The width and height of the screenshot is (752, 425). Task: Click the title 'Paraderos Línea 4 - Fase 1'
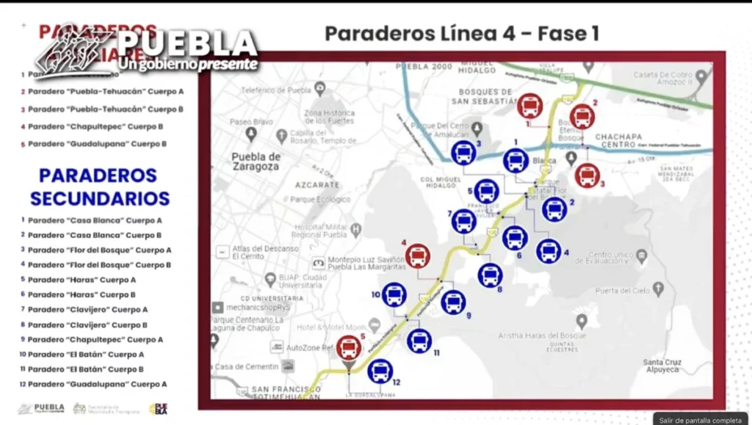(x=462, y=34)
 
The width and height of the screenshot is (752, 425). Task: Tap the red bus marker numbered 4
(x=418, y=256)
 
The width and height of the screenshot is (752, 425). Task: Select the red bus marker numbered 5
(x=349, y=347)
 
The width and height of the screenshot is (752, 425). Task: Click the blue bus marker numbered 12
(x=380, y=371)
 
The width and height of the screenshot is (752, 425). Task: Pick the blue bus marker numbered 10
(x=394, y=294)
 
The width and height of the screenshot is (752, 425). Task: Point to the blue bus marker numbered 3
(x=463, y=153)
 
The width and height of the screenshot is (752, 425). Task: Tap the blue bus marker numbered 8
(x=490, y=275)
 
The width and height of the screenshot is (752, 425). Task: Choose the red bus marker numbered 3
(x=587, y=175)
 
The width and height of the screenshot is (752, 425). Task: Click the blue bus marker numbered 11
(x=419, y=341)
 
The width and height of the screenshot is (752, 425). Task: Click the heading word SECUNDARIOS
(x=100, y=199)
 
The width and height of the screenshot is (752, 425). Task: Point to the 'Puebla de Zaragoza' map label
(x=256, y=161)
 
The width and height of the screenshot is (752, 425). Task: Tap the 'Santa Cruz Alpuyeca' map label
(x=662, y=366)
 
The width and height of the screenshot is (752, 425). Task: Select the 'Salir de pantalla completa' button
(x=701, y=419)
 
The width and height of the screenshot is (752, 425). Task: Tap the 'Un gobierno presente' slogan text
(x=188, y=65)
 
